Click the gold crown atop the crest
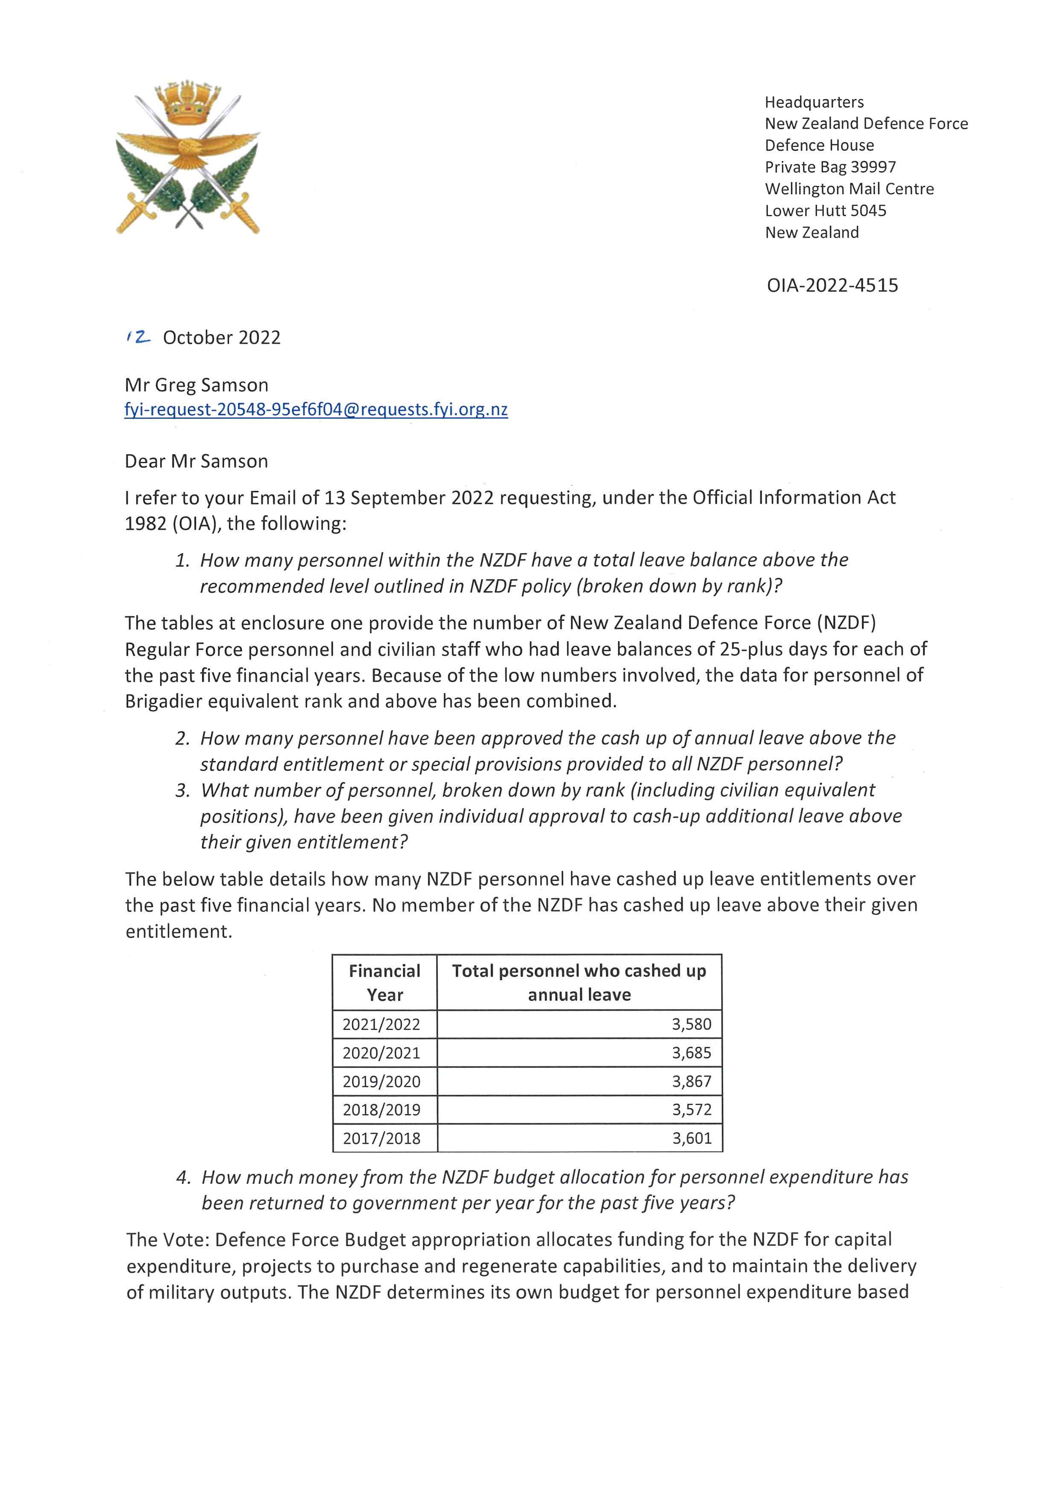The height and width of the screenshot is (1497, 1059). (187, 103)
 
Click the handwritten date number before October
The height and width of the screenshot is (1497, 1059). (138, 337)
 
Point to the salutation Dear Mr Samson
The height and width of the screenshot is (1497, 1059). (196, 461)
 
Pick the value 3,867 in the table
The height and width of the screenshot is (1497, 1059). (691, 1081)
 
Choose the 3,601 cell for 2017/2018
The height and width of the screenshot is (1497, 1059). (691, 1138)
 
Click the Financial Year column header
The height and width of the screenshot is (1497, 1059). (385, 983)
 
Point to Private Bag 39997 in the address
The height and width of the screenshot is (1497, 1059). (830, 167)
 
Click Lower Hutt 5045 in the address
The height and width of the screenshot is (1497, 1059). (826, 211)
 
